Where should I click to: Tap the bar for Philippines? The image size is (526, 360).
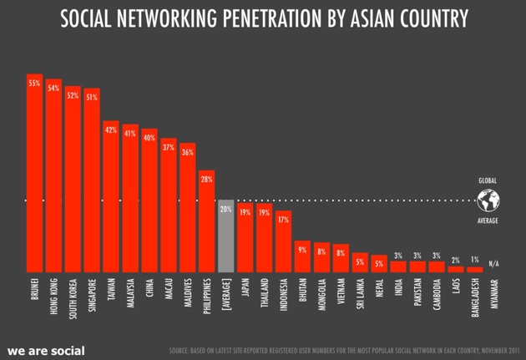tap(206, 221)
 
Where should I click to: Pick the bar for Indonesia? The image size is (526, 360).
tap(283, 241)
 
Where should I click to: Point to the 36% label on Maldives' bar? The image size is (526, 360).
tap(187, 153)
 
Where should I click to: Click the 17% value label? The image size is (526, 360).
tap(283, 220)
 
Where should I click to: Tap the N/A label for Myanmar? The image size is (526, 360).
tap(494, 263)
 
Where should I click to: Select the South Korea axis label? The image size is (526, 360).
tap(73, 297)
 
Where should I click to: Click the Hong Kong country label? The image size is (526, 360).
tap(53, 296)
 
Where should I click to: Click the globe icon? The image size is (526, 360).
tap(488, 200)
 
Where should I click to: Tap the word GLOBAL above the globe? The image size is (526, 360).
tap(488, 180)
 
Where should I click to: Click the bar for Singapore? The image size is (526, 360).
tap(92, 180)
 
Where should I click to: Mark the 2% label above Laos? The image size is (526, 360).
tap(456, 260)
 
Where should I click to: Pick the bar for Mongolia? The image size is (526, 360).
tap(321, 257)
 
